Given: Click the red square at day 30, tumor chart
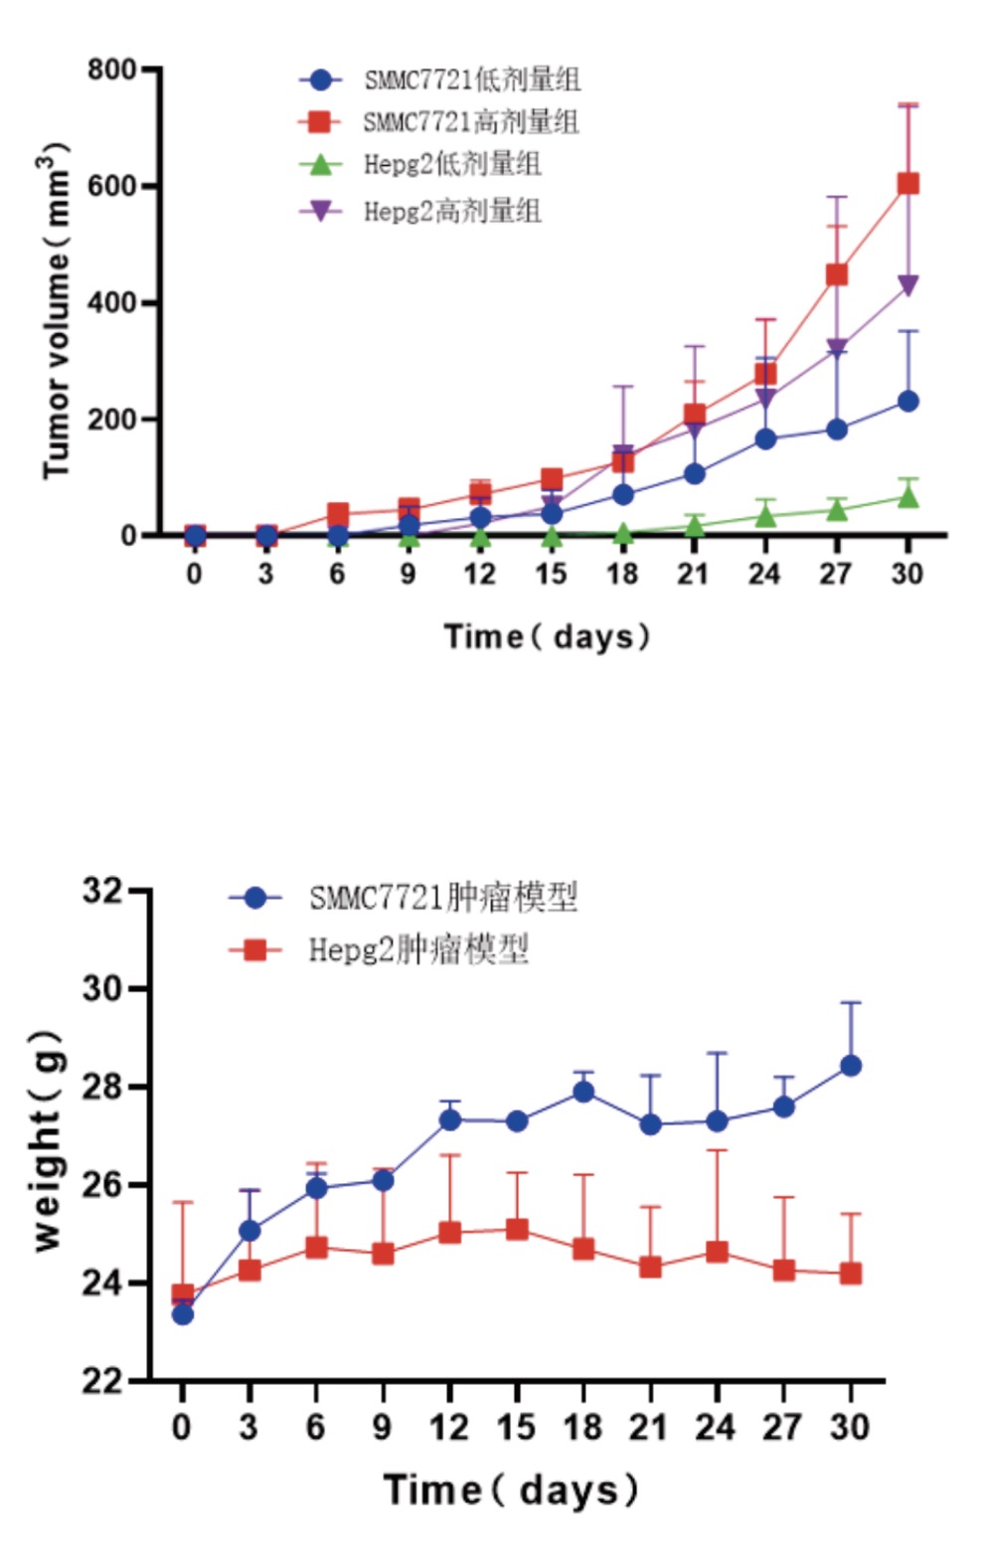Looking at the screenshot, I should (907, 184).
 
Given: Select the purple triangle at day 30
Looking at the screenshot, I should (907, 286).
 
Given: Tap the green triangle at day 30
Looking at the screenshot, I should (907, 496).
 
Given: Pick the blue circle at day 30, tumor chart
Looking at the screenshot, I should (907, 402).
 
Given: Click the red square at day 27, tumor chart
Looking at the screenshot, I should (837, 274).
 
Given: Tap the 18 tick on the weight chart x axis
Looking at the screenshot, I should (582, 1428).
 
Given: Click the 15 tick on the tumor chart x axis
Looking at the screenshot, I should (551, 575).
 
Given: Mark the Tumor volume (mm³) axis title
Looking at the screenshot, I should (56, 312).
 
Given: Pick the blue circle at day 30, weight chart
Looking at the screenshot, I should (851, 1066).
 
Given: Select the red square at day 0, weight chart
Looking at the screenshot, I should (183, 1294).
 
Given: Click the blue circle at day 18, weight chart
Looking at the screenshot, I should (583, 1092).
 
